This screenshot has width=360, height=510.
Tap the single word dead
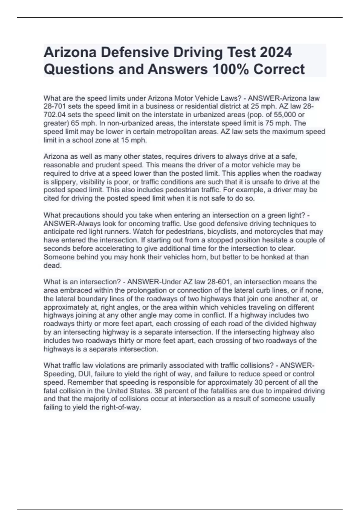tap(52, 265)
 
